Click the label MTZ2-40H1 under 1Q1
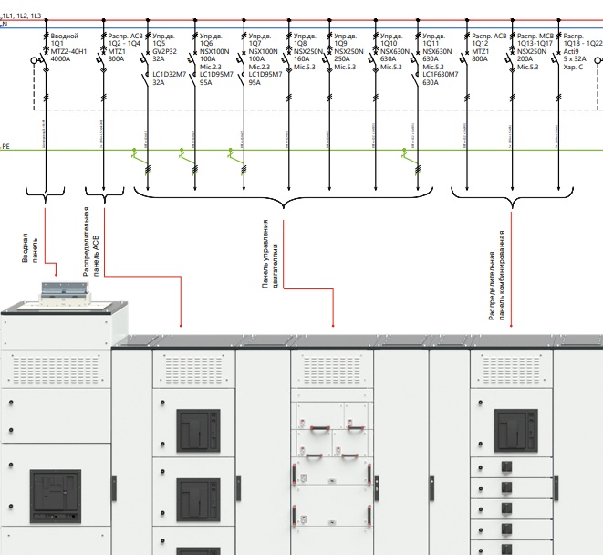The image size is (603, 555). [69, 52]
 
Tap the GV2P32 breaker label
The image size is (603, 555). [166, 52]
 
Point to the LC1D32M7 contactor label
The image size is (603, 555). [170, 74]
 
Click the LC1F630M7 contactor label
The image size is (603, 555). [442, 74]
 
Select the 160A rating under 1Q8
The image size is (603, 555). [300, 59]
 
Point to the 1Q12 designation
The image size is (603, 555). [479, 44]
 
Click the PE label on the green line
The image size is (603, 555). [5, 147]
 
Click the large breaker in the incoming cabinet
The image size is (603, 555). [56, 494]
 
